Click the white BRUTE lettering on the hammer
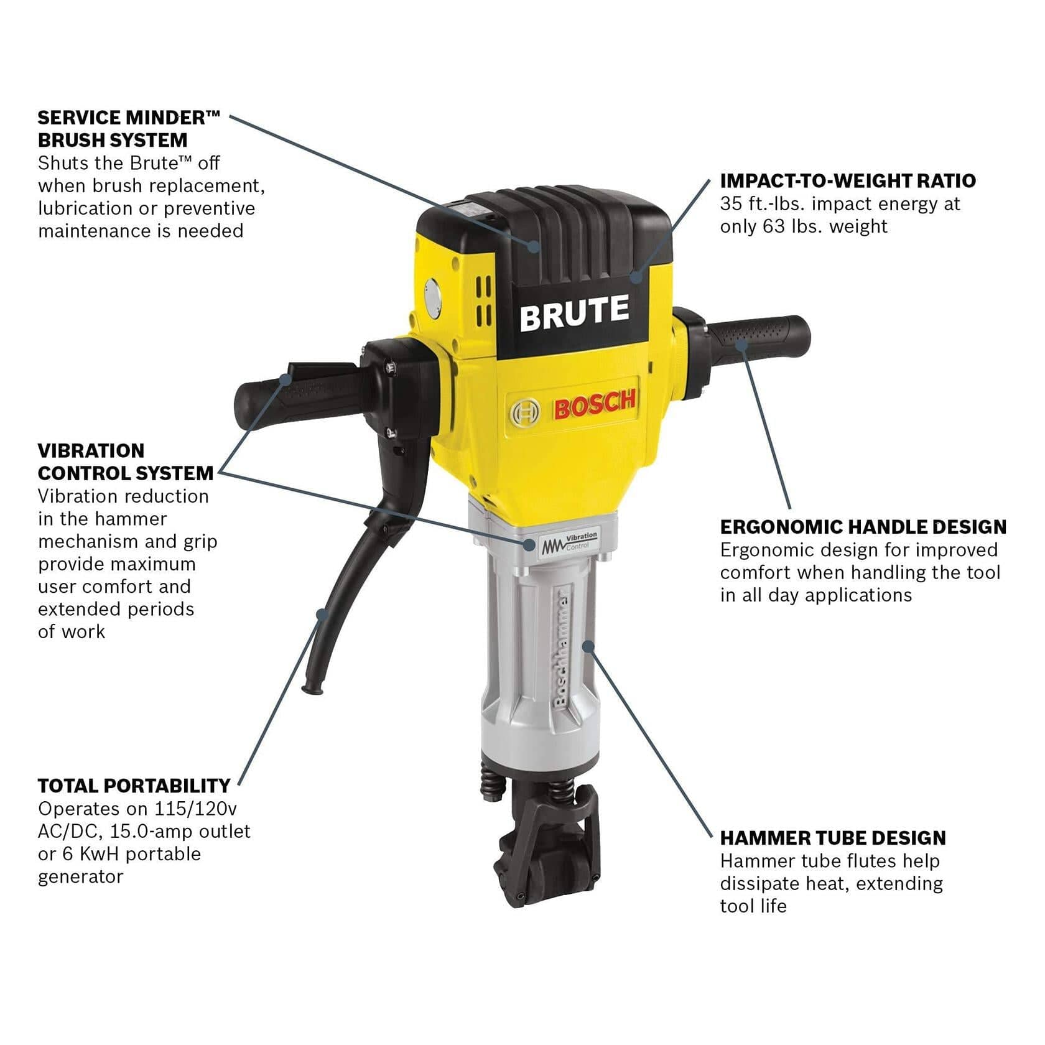pos(574,313)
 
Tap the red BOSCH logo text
pos(595,406)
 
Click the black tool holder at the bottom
pos(550,849)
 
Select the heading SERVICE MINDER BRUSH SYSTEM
pos(129,128)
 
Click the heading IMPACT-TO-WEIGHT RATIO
pos(848,180)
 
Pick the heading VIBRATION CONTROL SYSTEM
pos(125,462)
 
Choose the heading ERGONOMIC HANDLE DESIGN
pos(863,527)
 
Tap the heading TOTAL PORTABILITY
pos(134,786)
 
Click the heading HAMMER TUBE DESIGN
pos(832,838)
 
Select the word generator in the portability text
pos(80,876)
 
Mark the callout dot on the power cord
pos(322,614)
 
